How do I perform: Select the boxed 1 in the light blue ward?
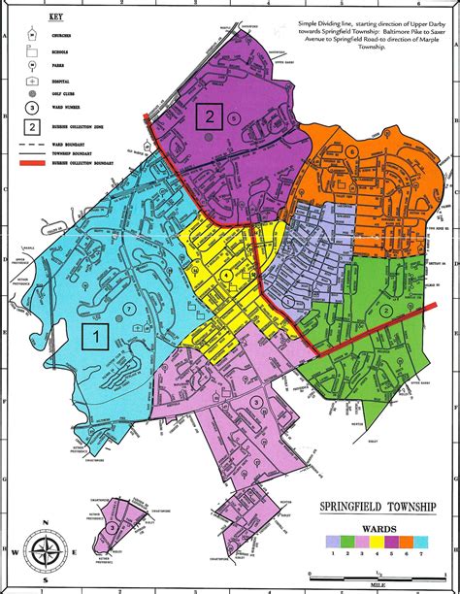(96, 337)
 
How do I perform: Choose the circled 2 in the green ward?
(386, 311)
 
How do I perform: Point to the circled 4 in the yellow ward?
(228, 276)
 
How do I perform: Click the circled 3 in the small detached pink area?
(115, 525)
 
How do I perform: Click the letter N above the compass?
(45, 524)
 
